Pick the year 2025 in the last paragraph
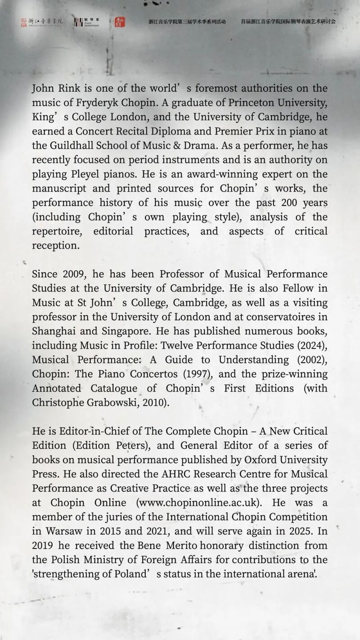[298, 532]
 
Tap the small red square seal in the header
[120, 22]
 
